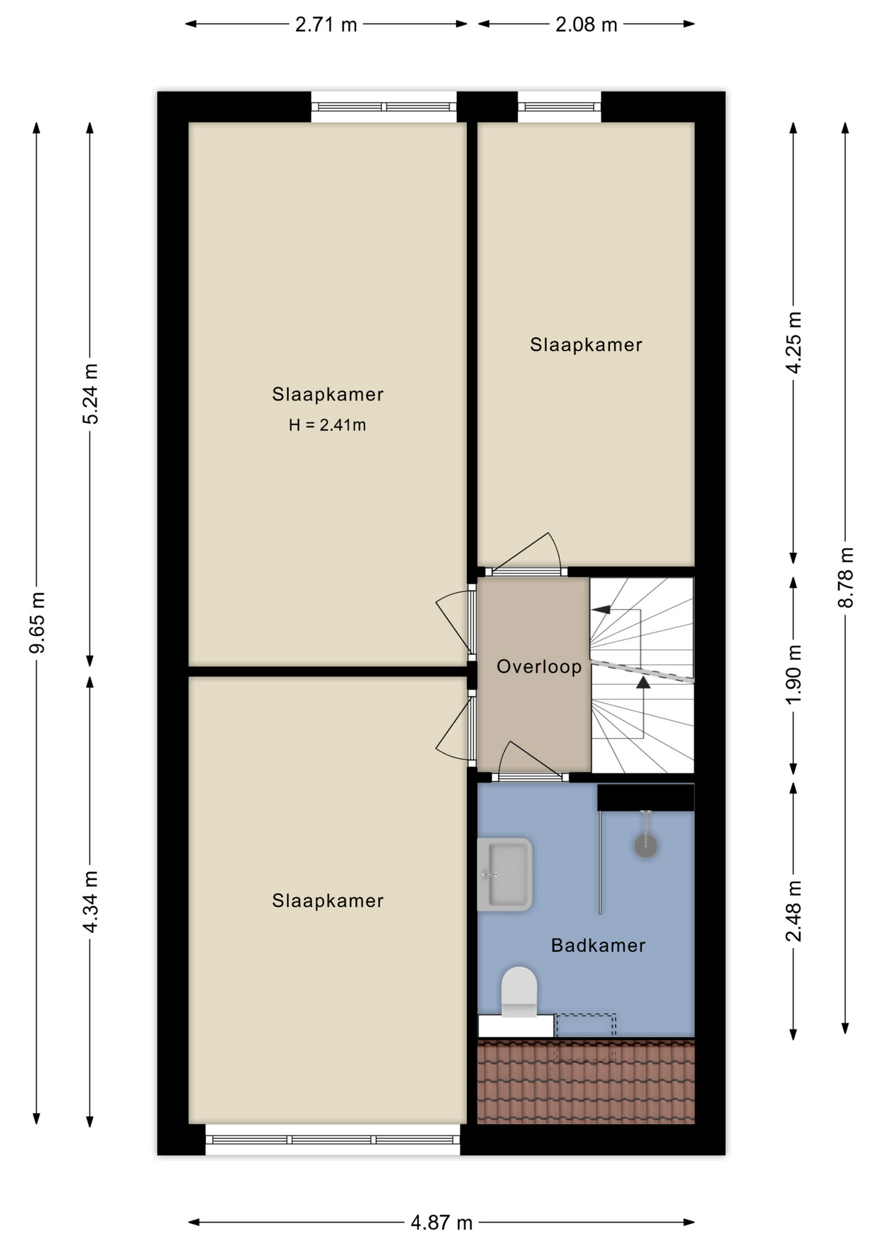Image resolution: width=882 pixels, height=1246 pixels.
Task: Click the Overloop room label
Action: pos(539,666)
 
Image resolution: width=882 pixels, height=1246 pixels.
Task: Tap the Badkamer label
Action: pos(598,945)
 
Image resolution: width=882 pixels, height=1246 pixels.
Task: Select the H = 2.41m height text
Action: pos(327,425)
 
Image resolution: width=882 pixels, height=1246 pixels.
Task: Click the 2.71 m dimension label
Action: pos(326,25)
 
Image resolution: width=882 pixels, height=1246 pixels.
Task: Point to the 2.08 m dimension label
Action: pos(586,25)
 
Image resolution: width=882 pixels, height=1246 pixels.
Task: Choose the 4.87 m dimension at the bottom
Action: pos(442,1223)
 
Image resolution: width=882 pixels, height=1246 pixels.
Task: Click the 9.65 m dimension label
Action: pos(37,622)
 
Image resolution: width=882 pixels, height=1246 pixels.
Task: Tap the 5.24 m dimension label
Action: pos(90,394)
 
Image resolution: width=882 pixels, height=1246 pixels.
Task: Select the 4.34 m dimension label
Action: pos(90,902)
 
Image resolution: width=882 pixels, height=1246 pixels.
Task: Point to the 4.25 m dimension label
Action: pos(794,343)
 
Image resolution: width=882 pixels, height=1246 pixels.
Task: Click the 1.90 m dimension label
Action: pos(794,675)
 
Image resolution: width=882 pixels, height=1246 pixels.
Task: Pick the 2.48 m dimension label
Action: pos(794,911)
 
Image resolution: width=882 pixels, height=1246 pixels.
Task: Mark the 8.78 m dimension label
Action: pos(846,578)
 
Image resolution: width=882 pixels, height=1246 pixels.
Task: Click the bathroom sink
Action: pos(505,874)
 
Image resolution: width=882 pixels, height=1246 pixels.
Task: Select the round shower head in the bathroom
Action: pos(646,846)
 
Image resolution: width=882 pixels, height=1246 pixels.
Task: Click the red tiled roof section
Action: pos(586,1081)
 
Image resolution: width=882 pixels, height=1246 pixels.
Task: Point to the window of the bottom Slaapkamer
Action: pos(333,1140)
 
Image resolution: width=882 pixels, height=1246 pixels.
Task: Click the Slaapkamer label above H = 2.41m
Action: pos(327,394)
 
